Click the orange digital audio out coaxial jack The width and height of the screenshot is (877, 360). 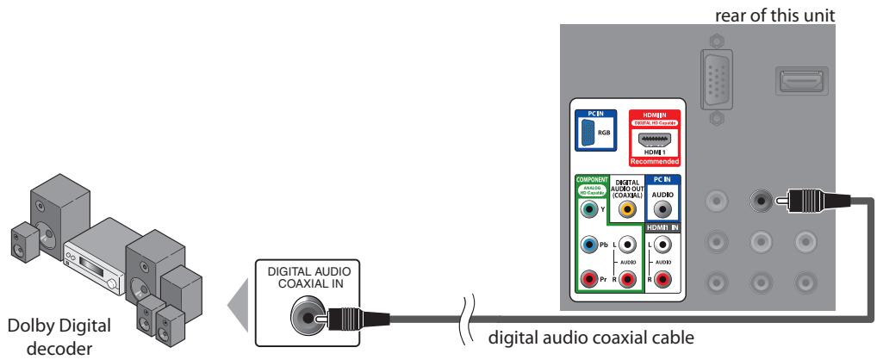(627, 207)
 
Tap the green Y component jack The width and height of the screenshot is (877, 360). (589, 207)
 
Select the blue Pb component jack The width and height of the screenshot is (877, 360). (589, 245)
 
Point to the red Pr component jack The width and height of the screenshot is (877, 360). (589, 278)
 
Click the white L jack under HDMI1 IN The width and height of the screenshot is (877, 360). (662, 245)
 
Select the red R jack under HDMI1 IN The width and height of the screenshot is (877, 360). (662, 278)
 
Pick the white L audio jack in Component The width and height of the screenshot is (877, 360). (627, 245)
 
